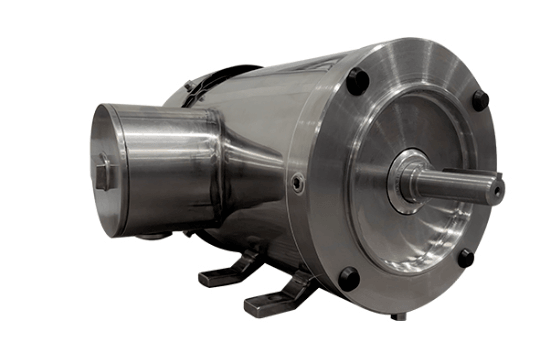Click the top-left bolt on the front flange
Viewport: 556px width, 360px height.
358,81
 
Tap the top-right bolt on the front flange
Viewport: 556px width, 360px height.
480,100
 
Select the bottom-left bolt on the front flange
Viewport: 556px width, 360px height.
348,278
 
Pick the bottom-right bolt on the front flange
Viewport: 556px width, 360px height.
465,257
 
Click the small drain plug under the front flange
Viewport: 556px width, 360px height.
399,317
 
